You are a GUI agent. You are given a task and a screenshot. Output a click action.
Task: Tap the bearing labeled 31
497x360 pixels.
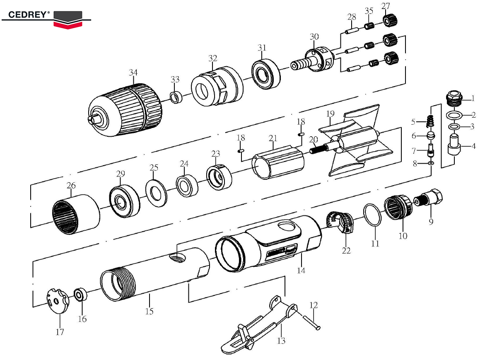click(265, 73)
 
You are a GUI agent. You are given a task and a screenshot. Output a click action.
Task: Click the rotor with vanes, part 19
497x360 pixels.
click(356, 141)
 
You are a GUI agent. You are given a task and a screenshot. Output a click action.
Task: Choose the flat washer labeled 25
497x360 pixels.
click(156, 192)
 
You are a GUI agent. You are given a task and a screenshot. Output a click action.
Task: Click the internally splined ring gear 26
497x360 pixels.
click(77, 212)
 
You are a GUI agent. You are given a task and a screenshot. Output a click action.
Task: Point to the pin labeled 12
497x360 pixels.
click(311, 321)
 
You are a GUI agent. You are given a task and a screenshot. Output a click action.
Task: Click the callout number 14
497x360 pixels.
click(301, 270)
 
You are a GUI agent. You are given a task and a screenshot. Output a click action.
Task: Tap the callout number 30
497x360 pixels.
click(314, 36)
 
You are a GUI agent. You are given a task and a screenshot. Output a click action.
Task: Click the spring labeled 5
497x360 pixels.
click(431, 121)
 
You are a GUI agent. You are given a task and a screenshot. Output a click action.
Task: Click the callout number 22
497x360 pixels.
click(346, 250)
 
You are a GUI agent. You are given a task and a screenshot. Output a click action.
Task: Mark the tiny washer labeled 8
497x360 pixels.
click(431, 164)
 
